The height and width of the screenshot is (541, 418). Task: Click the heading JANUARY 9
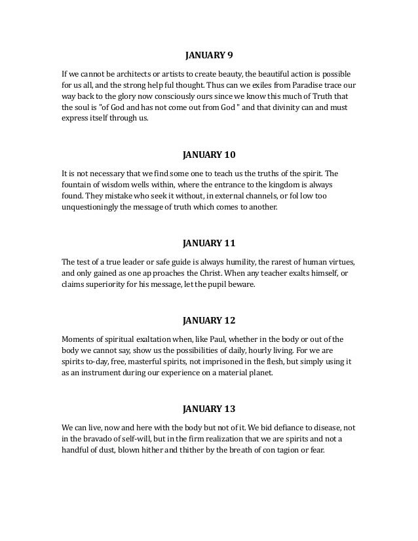click(x=208, y=56)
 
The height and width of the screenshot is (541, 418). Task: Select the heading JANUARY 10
click(x=208, y=155)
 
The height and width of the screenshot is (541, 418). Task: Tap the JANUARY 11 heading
click(x=208, y=244)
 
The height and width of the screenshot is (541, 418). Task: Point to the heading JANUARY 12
click(x=208, y=322)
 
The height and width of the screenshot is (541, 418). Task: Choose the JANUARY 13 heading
click(x=208, y=411)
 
